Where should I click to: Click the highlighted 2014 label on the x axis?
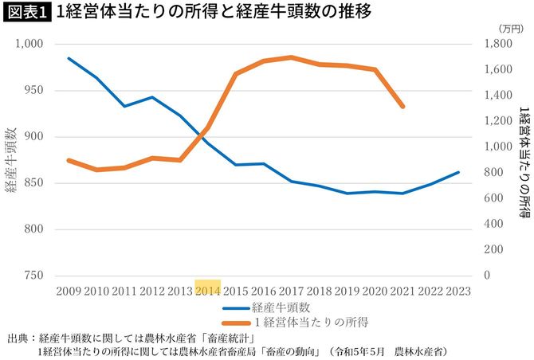click(207, 291)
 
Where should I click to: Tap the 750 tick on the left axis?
click(33, 276)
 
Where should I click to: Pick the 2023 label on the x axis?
click(458, 291)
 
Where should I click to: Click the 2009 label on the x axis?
click(68, 291)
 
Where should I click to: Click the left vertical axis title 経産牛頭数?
click(11, 159)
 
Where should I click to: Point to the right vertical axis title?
click(523, 159)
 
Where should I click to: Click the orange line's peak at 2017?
click(292, 57)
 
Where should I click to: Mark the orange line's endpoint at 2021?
click(403, 106)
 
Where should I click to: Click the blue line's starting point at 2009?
click(69, 58)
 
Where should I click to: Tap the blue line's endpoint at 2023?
click(458, 172)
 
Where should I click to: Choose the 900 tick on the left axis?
click(33, 136)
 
